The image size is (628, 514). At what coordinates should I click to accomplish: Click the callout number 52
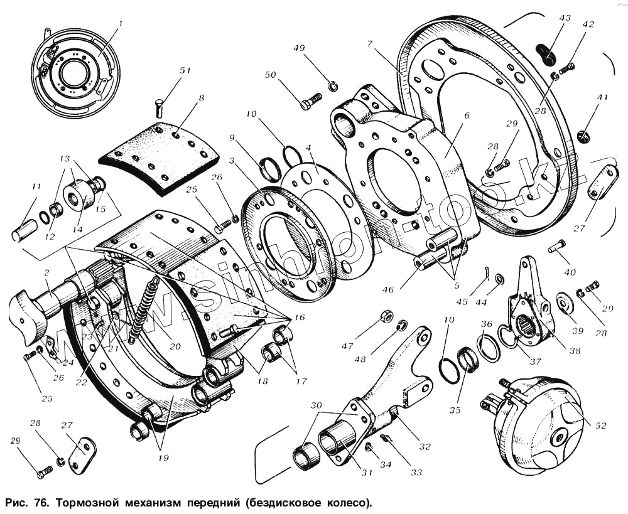601,425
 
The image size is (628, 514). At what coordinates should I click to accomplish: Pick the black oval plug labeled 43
546,54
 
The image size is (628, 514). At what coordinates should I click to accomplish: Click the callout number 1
121,24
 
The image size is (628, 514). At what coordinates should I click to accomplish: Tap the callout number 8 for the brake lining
201,98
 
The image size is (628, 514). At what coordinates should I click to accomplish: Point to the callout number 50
270,76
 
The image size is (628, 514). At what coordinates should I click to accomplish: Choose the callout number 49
300,48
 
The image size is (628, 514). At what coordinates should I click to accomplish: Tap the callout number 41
603,98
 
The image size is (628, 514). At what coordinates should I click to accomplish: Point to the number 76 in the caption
39,503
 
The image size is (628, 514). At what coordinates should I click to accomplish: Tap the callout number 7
371,44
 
